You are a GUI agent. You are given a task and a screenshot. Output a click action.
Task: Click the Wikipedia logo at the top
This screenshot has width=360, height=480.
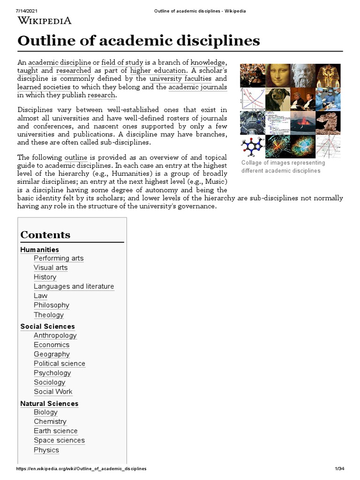click(x=45, y=20)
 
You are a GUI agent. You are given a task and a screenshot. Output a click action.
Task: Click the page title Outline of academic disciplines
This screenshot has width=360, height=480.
click(x=138, y=41)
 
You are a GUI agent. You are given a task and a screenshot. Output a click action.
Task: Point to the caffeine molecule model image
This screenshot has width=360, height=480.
click(x=252, y=147)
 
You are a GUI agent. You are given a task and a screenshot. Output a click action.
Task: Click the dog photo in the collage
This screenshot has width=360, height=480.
click(x=277, y=99)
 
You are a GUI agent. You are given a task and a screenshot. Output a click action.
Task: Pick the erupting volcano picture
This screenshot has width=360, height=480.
click(x=302, y=123)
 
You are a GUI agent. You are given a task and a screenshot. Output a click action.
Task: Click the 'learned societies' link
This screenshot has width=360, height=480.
click(x=44, y=87)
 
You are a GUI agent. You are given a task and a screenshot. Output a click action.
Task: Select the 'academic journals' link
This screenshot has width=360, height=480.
click(x=197, y=87)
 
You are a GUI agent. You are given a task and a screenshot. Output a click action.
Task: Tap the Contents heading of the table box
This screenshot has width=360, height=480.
click(x=45, y=235)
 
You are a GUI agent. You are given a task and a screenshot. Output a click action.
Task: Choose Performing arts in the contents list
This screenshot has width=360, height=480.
click(x=59, y=258)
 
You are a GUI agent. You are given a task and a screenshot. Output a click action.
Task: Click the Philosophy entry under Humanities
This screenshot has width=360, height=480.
click(x=52, y=305)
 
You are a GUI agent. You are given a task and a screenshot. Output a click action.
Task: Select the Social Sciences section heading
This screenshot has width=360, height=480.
click(x=47, y=326)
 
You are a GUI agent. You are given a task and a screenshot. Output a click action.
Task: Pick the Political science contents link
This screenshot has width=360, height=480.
click(x=60, y=363)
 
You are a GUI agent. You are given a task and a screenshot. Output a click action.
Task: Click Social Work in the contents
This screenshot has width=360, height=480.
click(x=53, y=391)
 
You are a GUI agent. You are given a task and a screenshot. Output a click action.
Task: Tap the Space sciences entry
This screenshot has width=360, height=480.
click(x=59, y=440)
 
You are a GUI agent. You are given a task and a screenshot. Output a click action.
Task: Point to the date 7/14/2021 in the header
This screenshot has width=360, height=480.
click(x=14, y=10)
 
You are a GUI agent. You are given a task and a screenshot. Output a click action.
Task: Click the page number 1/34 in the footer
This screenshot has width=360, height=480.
click(x=339, y=469)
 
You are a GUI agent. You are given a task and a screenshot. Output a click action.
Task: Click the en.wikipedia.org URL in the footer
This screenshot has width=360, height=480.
click(x=81, y=469)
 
